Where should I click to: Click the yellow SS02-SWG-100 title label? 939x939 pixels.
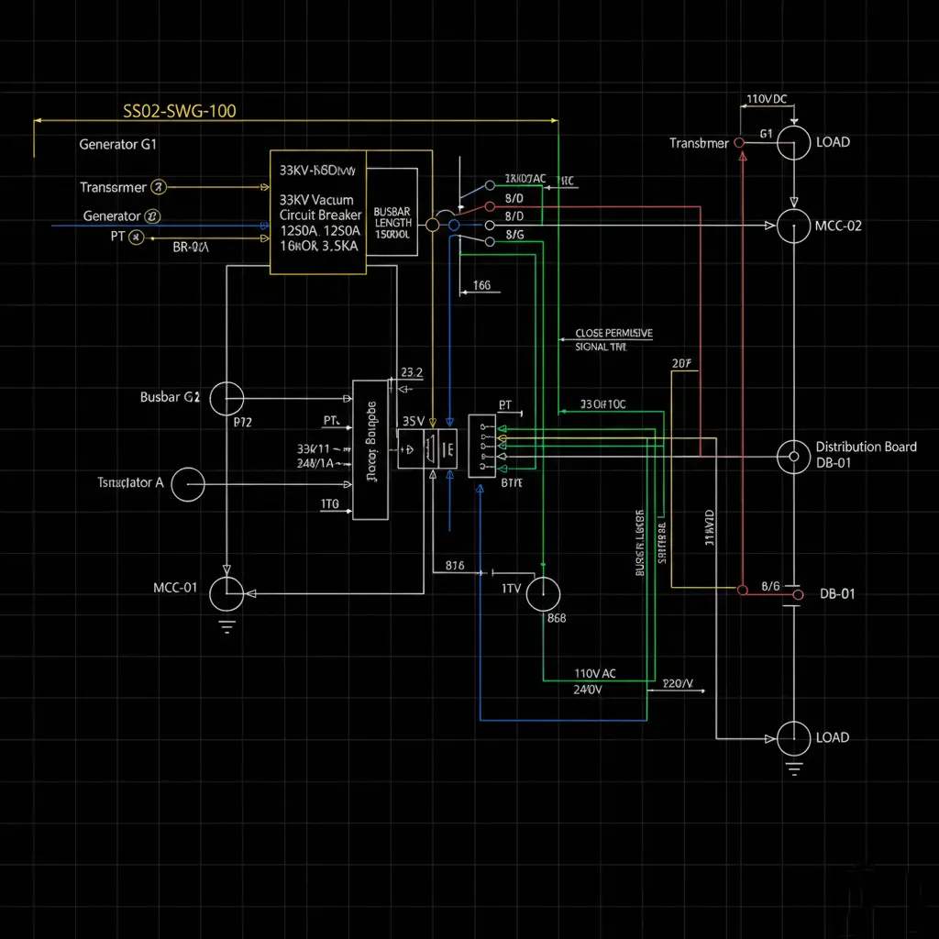point(180,112)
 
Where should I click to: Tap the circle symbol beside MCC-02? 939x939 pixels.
point(794,226)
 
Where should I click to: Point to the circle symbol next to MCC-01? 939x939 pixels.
point(226,593)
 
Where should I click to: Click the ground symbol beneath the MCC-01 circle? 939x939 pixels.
point(226,627)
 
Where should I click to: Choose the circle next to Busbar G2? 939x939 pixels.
point(226,399)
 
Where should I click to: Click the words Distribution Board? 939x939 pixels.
point(866,447)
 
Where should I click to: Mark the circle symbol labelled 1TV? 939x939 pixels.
point(543,593)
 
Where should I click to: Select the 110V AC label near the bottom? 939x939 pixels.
point(595,673)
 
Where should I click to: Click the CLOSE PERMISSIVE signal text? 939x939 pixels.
point(613,334)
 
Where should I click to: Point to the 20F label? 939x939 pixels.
point(681,363)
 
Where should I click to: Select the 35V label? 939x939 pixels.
point(414,421)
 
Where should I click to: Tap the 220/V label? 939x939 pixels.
point(678,684)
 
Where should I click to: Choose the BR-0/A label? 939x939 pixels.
point(191,247)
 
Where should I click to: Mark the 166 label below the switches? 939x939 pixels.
point(482,285)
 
